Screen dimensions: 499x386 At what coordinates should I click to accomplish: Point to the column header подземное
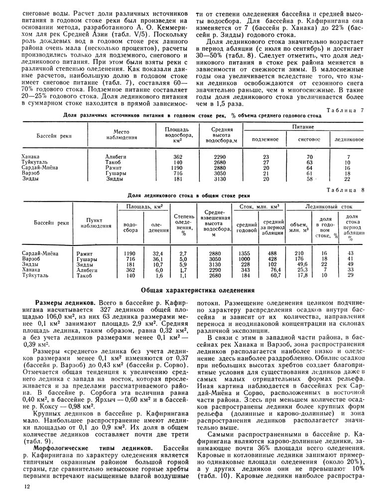[x=265, y=139]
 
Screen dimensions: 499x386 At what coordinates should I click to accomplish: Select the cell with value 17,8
[x=299, y=275]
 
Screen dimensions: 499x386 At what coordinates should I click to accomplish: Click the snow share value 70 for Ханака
[x=309, y=157]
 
